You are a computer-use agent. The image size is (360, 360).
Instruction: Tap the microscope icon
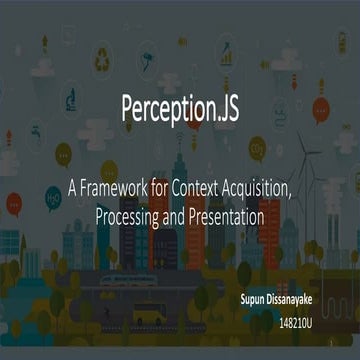click(x=73, y=101)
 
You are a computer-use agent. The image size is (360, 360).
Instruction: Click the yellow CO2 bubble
click(x=257, y=149)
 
